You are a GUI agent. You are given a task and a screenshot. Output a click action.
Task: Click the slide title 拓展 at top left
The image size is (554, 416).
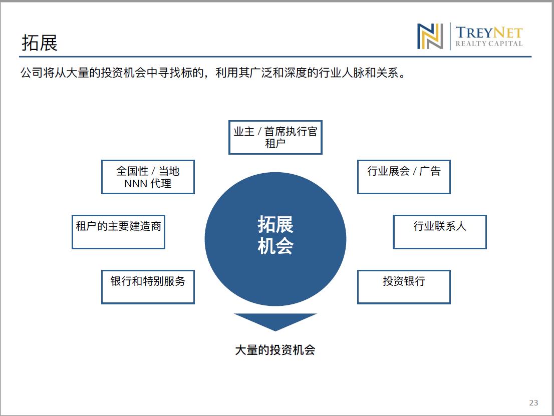[40, 43]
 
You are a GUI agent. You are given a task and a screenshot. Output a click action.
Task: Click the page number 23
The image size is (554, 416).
[533, 402]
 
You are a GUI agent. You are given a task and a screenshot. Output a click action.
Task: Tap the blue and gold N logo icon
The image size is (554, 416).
[430, 37]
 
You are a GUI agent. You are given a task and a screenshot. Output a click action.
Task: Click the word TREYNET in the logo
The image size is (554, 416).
[489, 33]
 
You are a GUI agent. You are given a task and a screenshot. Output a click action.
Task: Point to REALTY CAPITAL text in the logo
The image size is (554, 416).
[489, 44]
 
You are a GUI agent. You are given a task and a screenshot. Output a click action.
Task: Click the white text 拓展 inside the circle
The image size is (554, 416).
[275, 224]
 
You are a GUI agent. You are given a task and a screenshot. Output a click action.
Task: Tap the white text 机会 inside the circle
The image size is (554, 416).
[275, 246]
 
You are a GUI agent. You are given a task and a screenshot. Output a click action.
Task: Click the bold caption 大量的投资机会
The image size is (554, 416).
[275, 350]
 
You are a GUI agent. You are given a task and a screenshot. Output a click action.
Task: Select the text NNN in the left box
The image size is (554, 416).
[136, 184]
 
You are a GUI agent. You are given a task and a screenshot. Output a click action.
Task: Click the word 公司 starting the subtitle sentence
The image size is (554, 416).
[32, 73]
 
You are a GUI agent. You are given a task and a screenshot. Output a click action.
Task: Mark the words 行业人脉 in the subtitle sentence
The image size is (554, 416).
[341, 73]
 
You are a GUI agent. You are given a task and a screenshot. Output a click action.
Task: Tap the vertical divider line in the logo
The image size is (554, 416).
[450, 36]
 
